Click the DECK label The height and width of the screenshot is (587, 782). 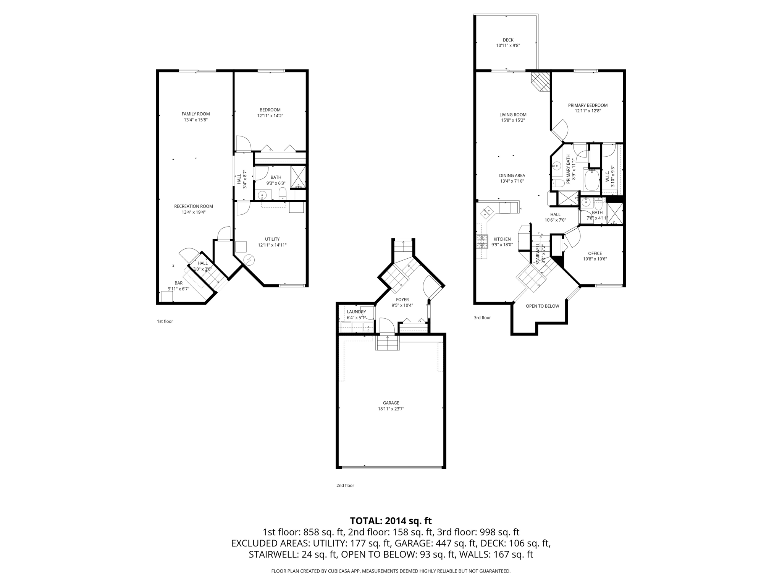pyautogui.click(x=508, y=40)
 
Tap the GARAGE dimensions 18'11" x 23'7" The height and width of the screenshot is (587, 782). pyautogui.click(x=391, y=409)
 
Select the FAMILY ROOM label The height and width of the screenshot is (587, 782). pyautogui.click(x=195, y=114)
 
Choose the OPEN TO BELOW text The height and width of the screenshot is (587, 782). pyautogui.click(x=542, y=306)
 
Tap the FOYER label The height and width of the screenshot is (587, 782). pyautogui.click(x=402, y=300)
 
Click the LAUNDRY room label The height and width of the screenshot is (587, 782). pyautogui.click(x=356, y=312)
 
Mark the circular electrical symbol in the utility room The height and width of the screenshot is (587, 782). pyautogui.click(x=249, y=260)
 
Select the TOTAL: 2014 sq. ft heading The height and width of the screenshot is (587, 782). pyautogui.click(x=391, y=521)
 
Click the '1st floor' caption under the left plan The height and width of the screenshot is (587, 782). pyautogui.click(x=165, y=321)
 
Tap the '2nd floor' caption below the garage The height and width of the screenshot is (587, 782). pyautogui.click(x=345, y=485)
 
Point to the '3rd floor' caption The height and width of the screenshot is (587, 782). pyautogui.click(x=482, y=318)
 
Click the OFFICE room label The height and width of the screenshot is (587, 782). pyautogui.click(x=595, y=253)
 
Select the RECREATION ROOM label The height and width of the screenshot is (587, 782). pyautogui.click(x=194, y=206)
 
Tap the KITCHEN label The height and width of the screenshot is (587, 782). pyautogui.click(x=502, y=239)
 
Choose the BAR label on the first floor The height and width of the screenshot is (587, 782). pyautogui.click(x=178, y=283)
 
